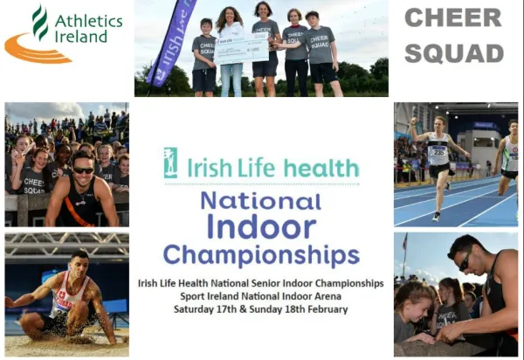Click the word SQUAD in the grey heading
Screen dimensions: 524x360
tap(454, 53)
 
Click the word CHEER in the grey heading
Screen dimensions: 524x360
tap(453, 17)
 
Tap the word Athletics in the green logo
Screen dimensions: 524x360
tap(88, 21)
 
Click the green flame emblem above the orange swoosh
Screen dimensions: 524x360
tap(40, 22)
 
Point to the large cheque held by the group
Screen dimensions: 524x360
tap(241, 50)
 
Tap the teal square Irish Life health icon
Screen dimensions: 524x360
tap(170, 163)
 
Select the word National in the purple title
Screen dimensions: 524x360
tap(261, 201)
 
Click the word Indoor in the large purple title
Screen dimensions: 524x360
tap(262, 226)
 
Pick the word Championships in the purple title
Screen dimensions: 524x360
tap(261, 255)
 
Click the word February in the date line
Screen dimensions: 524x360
tap(327, 309)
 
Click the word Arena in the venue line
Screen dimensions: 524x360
tap(328, 296)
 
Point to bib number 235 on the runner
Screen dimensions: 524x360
tap(438, 152)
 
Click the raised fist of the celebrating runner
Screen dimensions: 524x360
tap(414, 121)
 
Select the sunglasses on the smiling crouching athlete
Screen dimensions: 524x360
tap(84, 170)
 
